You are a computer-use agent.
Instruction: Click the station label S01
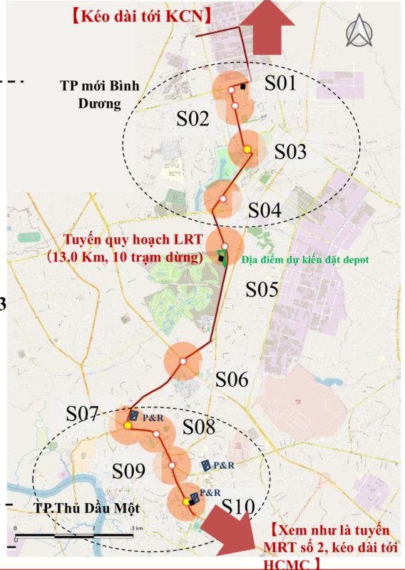tap(280, 83)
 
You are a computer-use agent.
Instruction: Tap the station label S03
tap(290, 152)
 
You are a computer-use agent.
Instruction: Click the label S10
tap(237, 507)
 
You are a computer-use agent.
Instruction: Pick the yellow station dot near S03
tap(247, 150)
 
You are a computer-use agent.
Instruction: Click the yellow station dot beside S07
tap(128, 425)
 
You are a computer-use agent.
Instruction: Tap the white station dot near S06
tap(183, 362)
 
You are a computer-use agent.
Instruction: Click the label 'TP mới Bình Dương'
tap(98, 93)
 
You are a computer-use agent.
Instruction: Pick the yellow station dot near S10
tap(187, 502)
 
